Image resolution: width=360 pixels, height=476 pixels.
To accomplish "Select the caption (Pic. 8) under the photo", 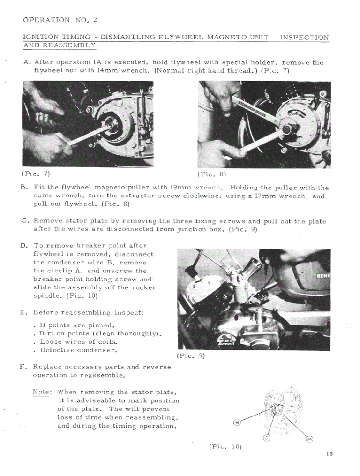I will coord(211,174).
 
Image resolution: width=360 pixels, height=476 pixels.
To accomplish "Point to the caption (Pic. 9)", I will coord(191,356).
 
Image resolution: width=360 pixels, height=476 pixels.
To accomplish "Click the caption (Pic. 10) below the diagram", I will coord(225,446).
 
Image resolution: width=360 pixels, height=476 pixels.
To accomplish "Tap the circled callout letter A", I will coord(309,439).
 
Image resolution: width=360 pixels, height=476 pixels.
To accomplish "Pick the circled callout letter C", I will coord(266,438).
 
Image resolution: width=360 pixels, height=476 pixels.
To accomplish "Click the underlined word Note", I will coord(41,392).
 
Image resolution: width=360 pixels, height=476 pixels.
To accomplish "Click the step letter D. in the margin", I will coord(24,245).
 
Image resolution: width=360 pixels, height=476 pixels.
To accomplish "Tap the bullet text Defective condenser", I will coord(78,350).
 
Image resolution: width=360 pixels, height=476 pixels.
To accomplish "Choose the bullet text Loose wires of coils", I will coord(78,342).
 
